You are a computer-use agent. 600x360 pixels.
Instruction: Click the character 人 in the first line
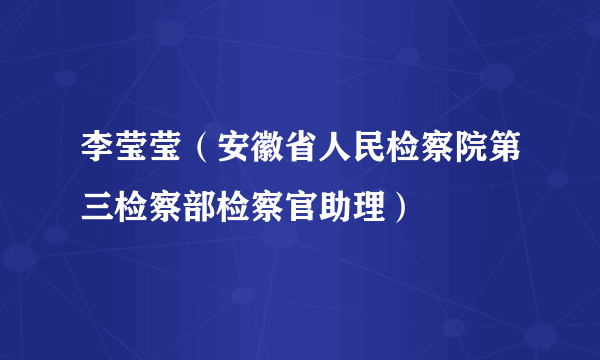click(x=334, y=154)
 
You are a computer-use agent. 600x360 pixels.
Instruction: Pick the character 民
click(x=370, y=154)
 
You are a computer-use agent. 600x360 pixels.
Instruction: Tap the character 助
click(x=334, y=208)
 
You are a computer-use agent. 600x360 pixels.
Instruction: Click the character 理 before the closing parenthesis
click(x=370, y=208)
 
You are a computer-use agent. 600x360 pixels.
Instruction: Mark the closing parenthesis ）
click(x=398, y=208)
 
